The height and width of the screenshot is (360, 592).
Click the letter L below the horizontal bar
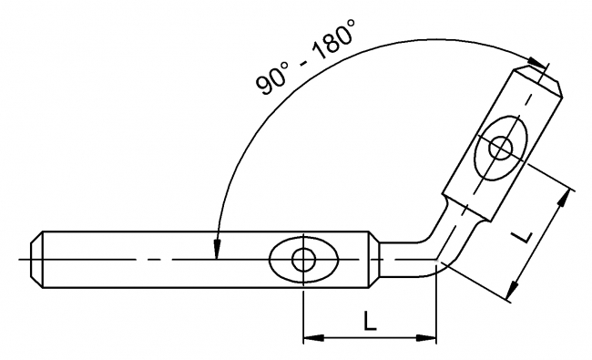click(x=369, y=321)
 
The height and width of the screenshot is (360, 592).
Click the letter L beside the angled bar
click(x=521, y=236)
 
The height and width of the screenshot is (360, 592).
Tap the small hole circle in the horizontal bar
click(x=303, y=260)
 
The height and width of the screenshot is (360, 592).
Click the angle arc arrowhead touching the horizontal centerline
click(x=216, y=252)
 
